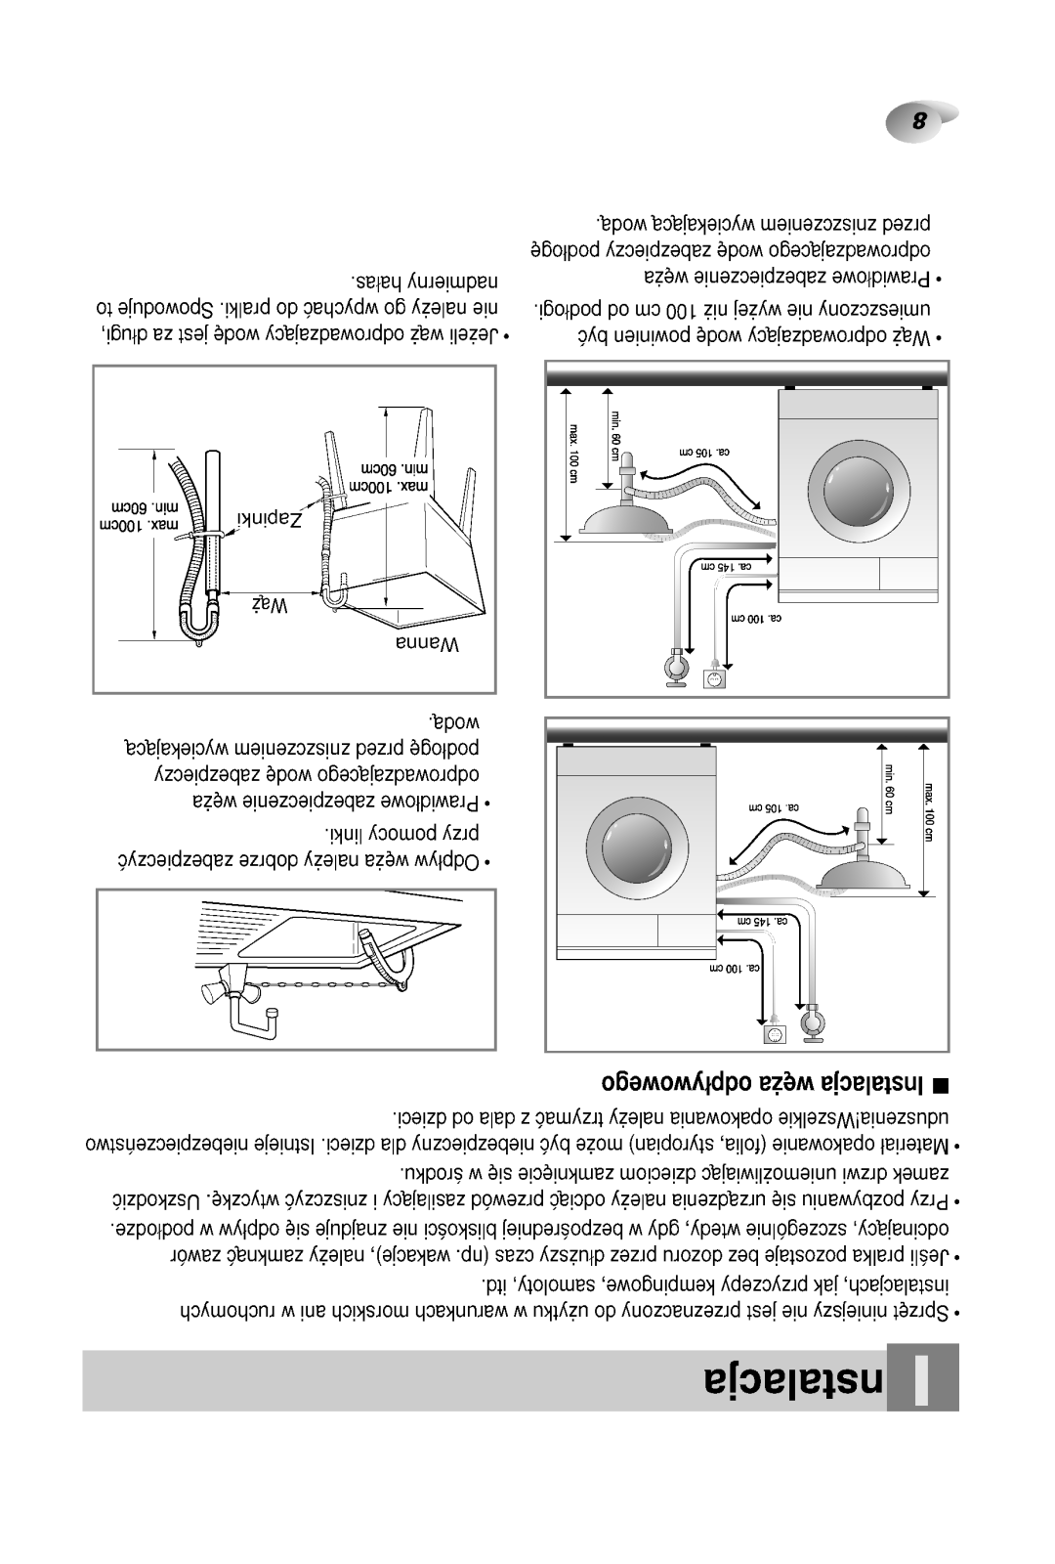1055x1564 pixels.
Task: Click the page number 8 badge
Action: pyautogui.click(x=918, y=123)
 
